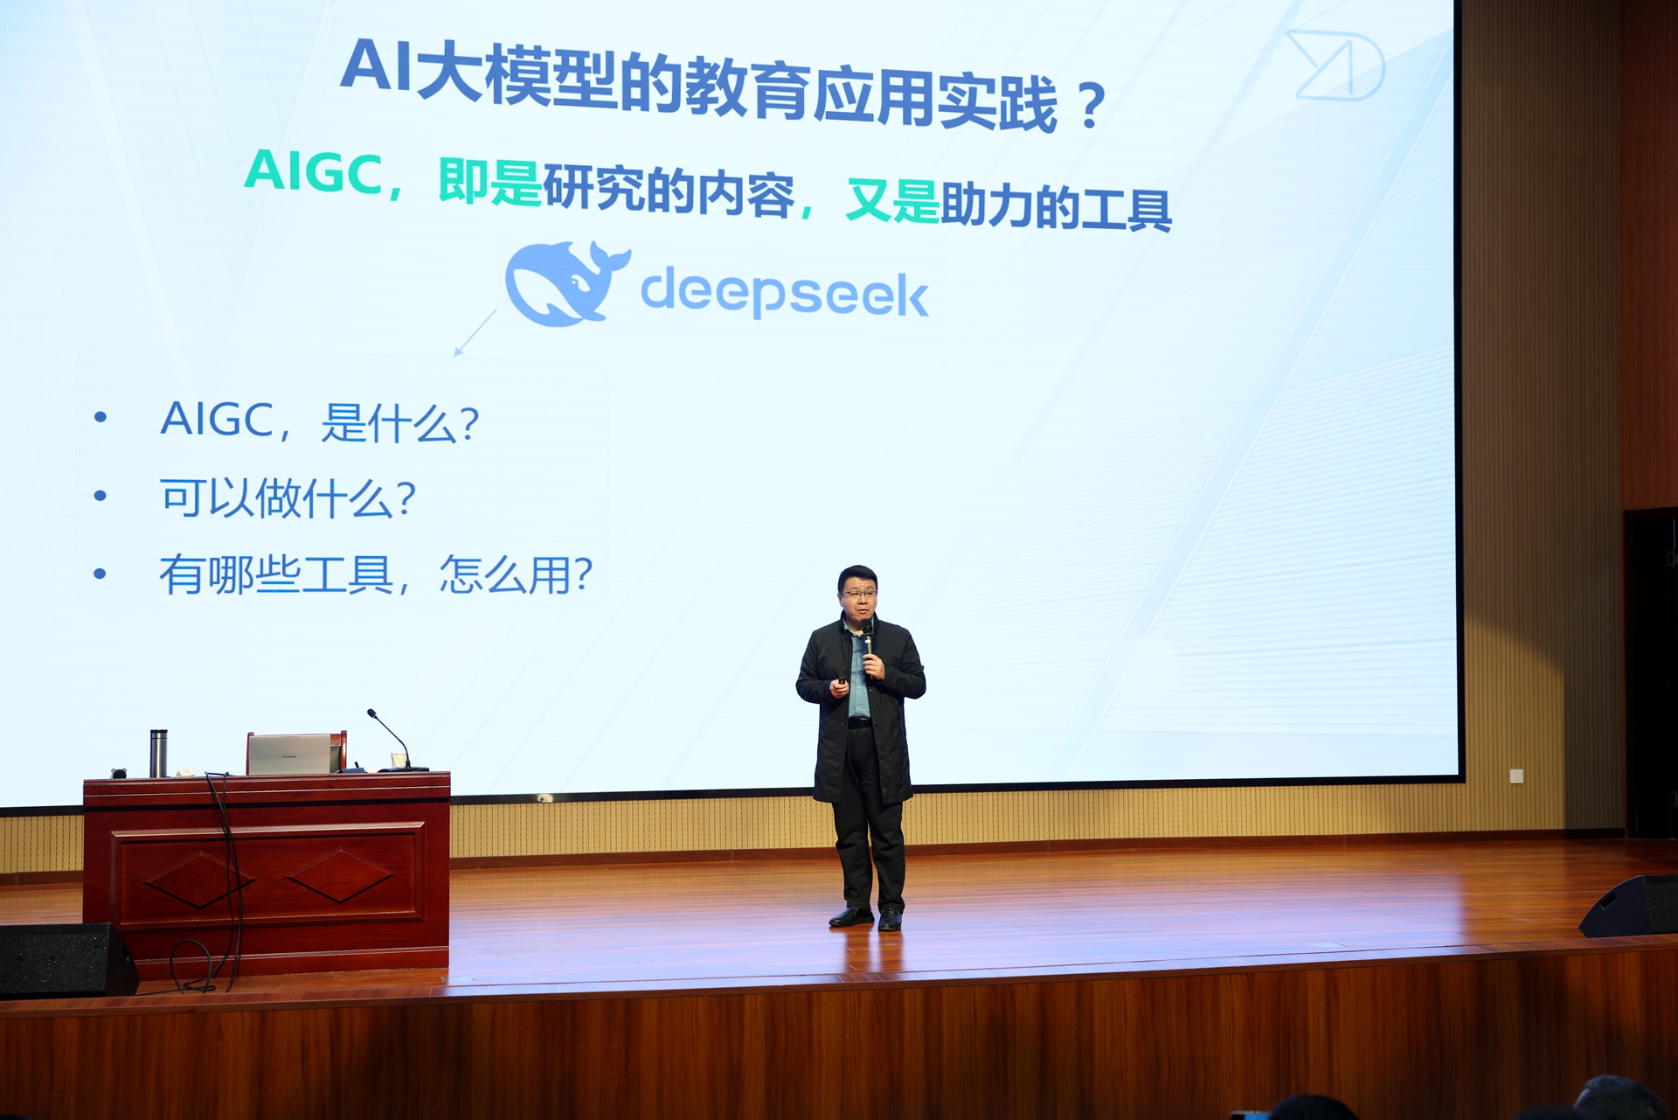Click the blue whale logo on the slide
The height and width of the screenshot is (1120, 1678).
[x=567, y=283]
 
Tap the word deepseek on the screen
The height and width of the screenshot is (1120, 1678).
[x=784, y=293]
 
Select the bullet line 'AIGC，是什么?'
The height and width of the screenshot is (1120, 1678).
[x=319, y=421]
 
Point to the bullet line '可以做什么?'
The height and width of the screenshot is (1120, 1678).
[x=288, y=498]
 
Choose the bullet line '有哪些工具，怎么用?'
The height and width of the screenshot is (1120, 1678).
[x=376, y=575]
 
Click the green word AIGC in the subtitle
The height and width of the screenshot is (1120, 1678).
[x=313, y=171]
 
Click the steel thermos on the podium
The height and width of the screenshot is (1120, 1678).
[x=158, y=753]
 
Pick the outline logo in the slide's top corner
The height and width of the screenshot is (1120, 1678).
[x=1335, y=64]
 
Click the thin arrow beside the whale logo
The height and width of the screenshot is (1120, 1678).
[x=475, y=332]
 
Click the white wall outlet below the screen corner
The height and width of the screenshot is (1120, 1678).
[x=1516, y=775]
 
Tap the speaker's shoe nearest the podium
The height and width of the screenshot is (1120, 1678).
[x=850, y=916]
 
